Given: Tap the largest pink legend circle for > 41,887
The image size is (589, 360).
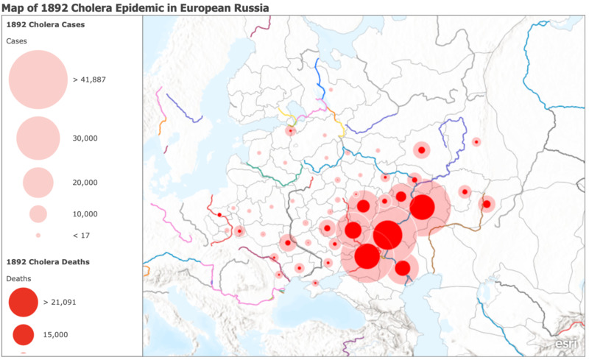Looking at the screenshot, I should click(x=38, y=80).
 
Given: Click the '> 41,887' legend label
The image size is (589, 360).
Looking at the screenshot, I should click(x=91, y=80).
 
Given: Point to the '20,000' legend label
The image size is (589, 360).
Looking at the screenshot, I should click(x=85, y=183).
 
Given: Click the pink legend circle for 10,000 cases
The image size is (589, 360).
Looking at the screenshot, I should click(x=38, y=214).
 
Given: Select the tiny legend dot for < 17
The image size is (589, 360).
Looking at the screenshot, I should click(x=38, y=235).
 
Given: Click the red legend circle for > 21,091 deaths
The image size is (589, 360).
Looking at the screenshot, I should click(x=23, y=302).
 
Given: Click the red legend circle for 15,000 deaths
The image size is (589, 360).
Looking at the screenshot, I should click(x=23, y=334).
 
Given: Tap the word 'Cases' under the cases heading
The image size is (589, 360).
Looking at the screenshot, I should click(x=18, y=40).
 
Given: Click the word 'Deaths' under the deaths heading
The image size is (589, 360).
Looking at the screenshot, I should click(x=19, y=278).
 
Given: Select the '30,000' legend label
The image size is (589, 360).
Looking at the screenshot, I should click(x=85, y=138).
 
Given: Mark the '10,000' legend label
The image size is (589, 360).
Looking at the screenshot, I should click(x=85, y=214).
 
